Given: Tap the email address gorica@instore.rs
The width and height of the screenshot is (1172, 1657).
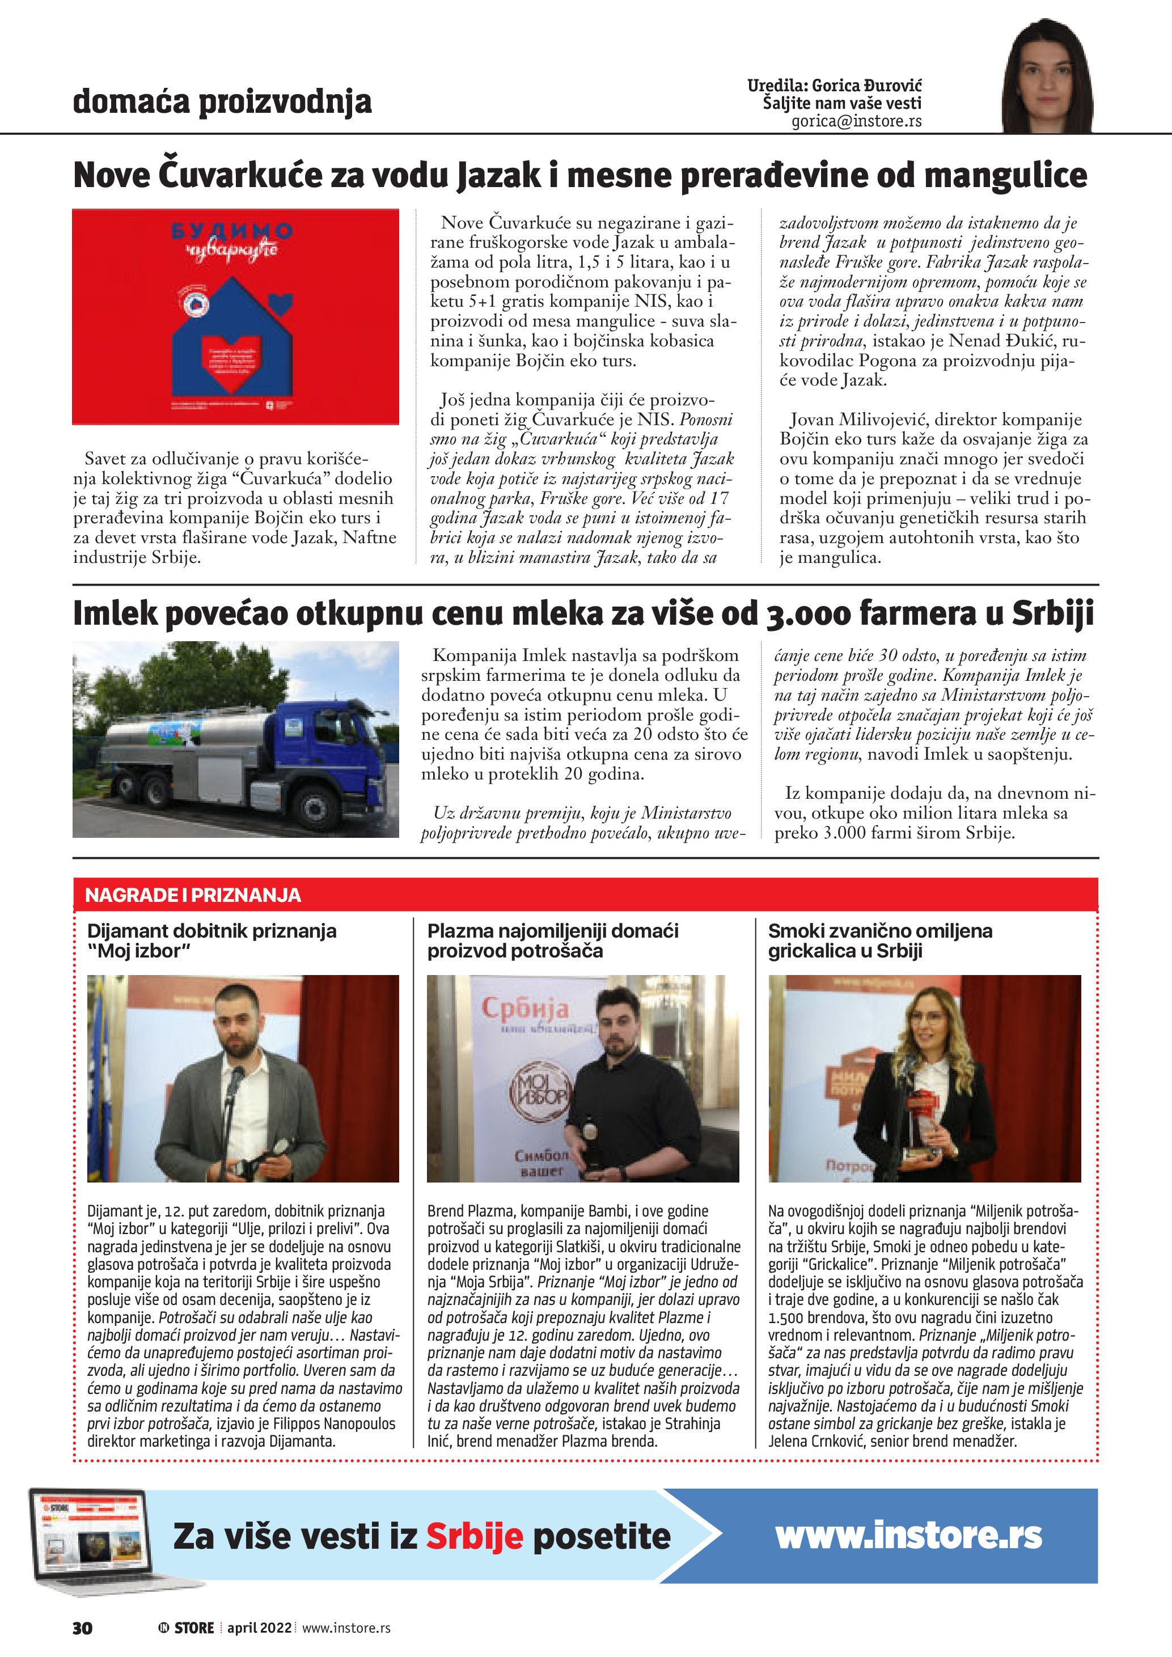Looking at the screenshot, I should point(856,121).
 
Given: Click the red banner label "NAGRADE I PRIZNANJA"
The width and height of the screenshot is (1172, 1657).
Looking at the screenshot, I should point(193,895).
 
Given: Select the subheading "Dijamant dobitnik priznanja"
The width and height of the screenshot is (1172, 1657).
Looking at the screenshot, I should point(211,931).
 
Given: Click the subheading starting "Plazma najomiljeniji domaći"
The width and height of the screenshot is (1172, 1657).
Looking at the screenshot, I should point(553,931).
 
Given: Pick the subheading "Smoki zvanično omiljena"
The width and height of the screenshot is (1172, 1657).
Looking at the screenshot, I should point(880,931).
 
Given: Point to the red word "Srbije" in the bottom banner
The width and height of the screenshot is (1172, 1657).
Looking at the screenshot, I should point(474,1536).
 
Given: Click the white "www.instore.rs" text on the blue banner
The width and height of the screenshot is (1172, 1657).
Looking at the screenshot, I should point(908,1535).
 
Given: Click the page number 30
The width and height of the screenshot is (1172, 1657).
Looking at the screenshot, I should point(82,1628).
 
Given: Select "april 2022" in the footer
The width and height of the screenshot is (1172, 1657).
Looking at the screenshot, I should point(259,1628).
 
